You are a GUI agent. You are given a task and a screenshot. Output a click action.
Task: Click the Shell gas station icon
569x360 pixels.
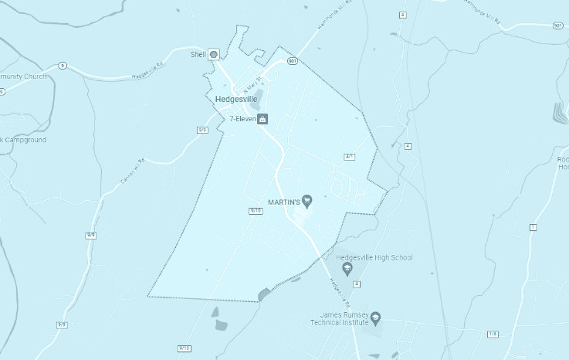pyautogui.click(x=214, y=55)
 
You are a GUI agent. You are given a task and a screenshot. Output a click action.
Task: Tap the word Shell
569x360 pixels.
pyautogui.click(x=198, y=55)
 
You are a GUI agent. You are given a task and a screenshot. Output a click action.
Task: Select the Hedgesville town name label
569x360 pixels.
pyautogui.click(x=236, y=100)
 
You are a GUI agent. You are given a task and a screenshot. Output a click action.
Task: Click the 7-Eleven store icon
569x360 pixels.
pyautogui.click(x=262, y=119)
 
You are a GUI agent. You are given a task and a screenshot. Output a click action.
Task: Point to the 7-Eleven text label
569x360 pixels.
pyautogui.click(x=242, y=119)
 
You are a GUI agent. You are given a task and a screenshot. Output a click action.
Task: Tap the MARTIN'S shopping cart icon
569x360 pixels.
pyautogui.click(x=307, y=202)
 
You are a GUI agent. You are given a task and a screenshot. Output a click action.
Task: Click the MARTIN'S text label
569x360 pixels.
pyautogui.click(x=283, y=202)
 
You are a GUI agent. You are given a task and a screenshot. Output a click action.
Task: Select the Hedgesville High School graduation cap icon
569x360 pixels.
pyautogui.click(x=347, y=269)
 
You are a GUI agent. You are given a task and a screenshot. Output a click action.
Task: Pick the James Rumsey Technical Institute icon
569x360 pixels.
pyautogui.click(x=376, y=318)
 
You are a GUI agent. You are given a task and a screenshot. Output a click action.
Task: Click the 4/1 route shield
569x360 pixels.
pyautogui.click(x=349, y=157)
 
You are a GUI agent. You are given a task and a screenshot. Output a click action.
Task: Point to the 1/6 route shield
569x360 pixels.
pyautogui.click(x=493, y=333)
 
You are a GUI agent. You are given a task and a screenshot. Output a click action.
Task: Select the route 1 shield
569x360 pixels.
pyautogui.click(x=533, y=227)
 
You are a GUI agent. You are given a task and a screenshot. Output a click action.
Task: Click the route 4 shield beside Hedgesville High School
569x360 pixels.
pyautogui.click(x=357, y=284)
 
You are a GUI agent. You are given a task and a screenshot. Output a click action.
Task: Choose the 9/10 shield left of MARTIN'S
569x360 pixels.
pyautogui.click(x=256, y=210)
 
